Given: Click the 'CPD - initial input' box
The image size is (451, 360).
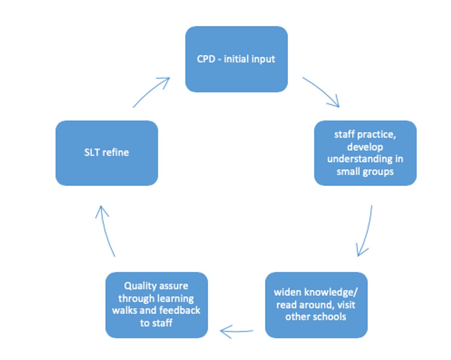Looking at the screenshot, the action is (236, 59).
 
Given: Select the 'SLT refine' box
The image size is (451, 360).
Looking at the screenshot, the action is (107, 153).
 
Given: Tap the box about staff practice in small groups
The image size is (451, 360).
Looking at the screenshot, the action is (365, 153).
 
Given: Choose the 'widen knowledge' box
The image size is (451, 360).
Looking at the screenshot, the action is (316, 305).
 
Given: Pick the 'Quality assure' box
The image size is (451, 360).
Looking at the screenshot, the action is (157, 305).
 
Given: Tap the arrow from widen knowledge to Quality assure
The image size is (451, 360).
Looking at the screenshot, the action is (236, 331).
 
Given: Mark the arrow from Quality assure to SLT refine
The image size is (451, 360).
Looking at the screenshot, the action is (105, 230).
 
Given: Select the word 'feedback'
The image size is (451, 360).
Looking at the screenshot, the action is (180, 310).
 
